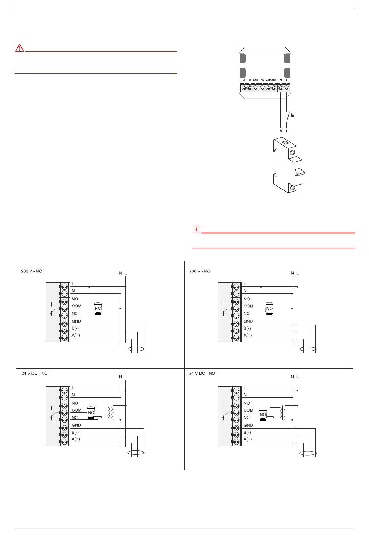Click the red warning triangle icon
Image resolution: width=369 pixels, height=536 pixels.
pos(19,48)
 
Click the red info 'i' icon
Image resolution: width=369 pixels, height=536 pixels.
pos(196,229)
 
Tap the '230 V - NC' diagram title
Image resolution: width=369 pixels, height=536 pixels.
pos(31,271)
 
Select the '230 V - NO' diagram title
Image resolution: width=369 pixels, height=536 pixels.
pos(200,271)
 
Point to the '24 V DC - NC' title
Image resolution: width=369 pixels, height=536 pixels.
pos(34,373)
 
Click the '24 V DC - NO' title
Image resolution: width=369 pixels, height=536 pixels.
pos(202,373)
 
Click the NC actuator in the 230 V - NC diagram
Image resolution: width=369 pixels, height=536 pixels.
pos(98,309)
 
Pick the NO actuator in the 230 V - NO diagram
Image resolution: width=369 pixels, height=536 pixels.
pos(270,309)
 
